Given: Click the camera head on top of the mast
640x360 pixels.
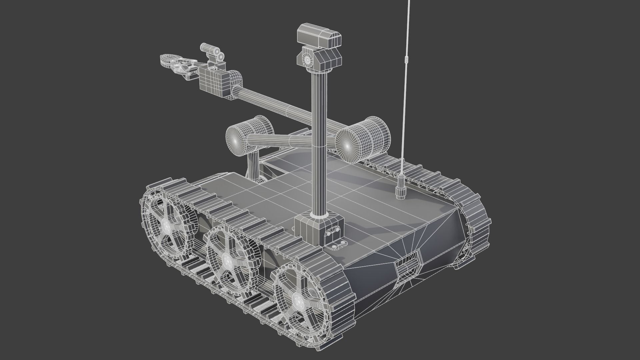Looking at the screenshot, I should pos(319,35).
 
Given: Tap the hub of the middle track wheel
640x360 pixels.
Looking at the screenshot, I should pos(227,258).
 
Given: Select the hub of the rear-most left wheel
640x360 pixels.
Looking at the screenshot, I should pos(167,226).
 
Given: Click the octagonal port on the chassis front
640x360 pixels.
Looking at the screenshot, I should pos(408,265).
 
